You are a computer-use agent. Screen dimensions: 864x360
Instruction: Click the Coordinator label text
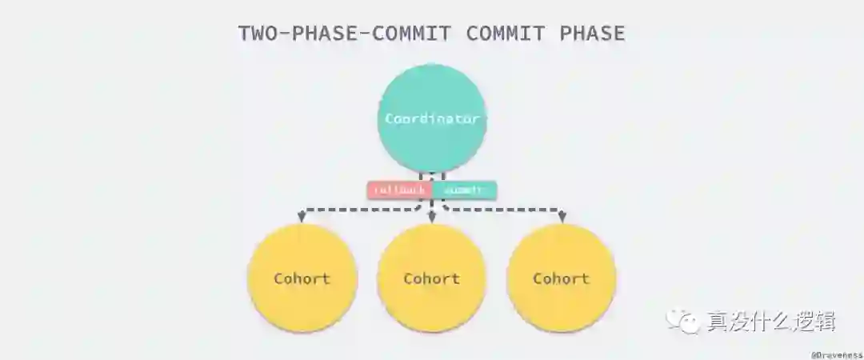[x=432, y=118]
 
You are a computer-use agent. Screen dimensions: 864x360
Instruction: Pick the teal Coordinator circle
[x=432, y=92]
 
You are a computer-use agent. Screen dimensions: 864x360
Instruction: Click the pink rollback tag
[x=399, y=190]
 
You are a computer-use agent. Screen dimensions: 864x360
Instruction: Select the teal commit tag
[x=465, y=190]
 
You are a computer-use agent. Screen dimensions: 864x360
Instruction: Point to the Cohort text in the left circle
[x=302, y=279]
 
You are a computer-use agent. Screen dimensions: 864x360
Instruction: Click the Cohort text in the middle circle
[x=432, y=279]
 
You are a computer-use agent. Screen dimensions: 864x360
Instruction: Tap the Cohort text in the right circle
[x=562, y=279]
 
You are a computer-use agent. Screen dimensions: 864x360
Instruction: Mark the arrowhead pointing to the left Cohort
[x=302, y=217]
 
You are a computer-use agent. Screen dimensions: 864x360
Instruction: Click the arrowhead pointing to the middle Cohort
[x=432, y=217]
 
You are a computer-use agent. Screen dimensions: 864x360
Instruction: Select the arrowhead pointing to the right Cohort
[x=562, y=217]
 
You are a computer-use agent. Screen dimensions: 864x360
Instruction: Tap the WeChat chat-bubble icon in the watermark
[x=686, y=322]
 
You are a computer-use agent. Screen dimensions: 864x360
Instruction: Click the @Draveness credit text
[x=836, y=353]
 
